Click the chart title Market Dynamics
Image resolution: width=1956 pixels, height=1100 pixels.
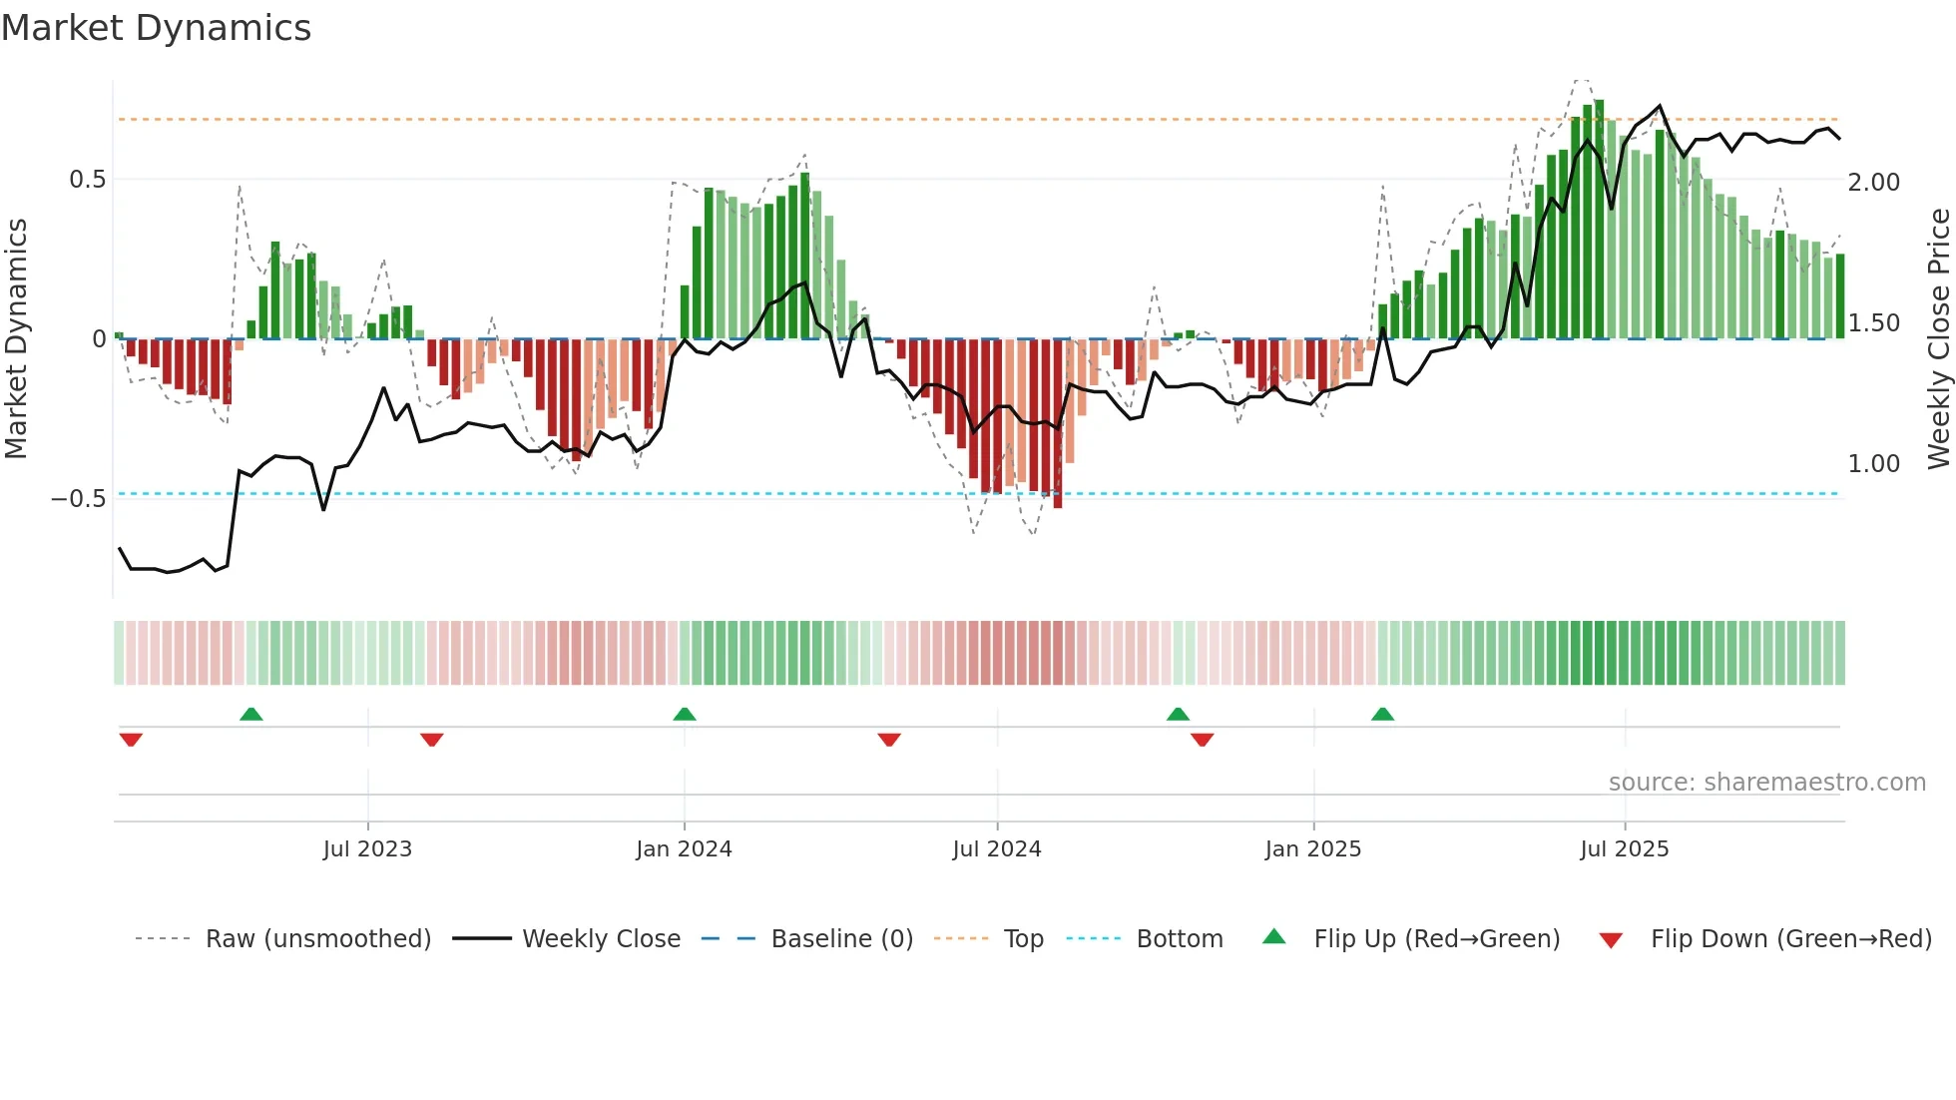[x=156, y=28]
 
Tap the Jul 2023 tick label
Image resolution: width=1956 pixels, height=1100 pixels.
[x=367, y=849]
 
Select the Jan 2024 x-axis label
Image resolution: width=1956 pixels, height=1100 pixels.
[x=684, y=849]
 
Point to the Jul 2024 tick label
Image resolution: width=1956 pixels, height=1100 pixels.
[x=996, y=849]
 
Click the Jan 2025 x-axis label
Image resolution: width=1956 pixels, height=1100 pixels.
[x=1312, y=849]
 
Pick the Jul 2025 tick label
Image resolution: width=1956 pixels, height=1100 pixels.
[x=1624, y=849]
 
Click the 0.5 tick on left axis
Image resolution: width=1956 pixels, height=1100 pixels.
[x=87, y=180]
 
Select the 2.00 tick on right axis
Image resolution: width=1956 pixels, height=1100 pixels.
[x=1873, y=183]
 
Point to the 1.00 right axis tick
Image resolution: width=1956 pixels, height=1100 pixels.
[x=1873, y=464]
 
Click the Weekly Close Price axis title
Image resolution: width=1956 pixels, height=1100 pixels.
[x=1938, y=339]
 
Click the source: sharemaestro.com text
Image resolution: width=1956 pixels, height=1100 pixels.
[x=1766, y=783]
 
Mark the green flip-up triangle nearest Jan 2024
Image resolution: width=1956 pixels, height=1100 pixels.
[x=685, y=715]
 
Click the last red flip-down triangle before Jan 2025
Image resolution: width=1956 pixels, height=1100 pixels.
[x=1202, y=740]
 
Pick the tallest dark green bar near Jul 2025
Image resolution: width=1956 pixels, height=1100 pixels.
[x=1599, y=220]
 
